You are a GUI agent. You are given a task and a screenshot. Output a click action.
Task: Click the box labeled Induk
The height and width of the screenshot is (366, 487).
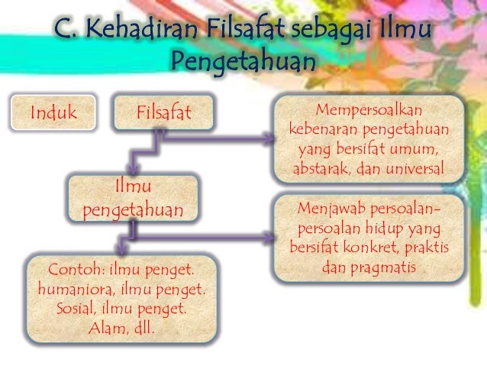(x=54, y=114)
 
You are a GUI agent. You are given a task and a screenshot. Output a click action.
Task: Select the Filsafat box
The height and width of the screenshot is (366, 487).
(x=163, y=114)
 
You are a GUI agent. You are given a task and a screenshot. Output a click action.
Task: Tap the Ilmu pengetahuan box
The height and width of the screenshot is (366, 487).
(x=133, y=199)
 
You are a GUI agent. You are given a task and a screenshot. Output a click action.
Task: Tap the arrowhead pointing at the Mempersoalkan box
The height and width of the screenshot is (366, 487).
(x=268, y=139)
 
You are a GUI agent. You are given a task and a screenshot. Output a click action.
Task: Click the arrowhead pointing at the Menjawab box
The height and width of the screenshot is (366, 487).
(x=268, y=238)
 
